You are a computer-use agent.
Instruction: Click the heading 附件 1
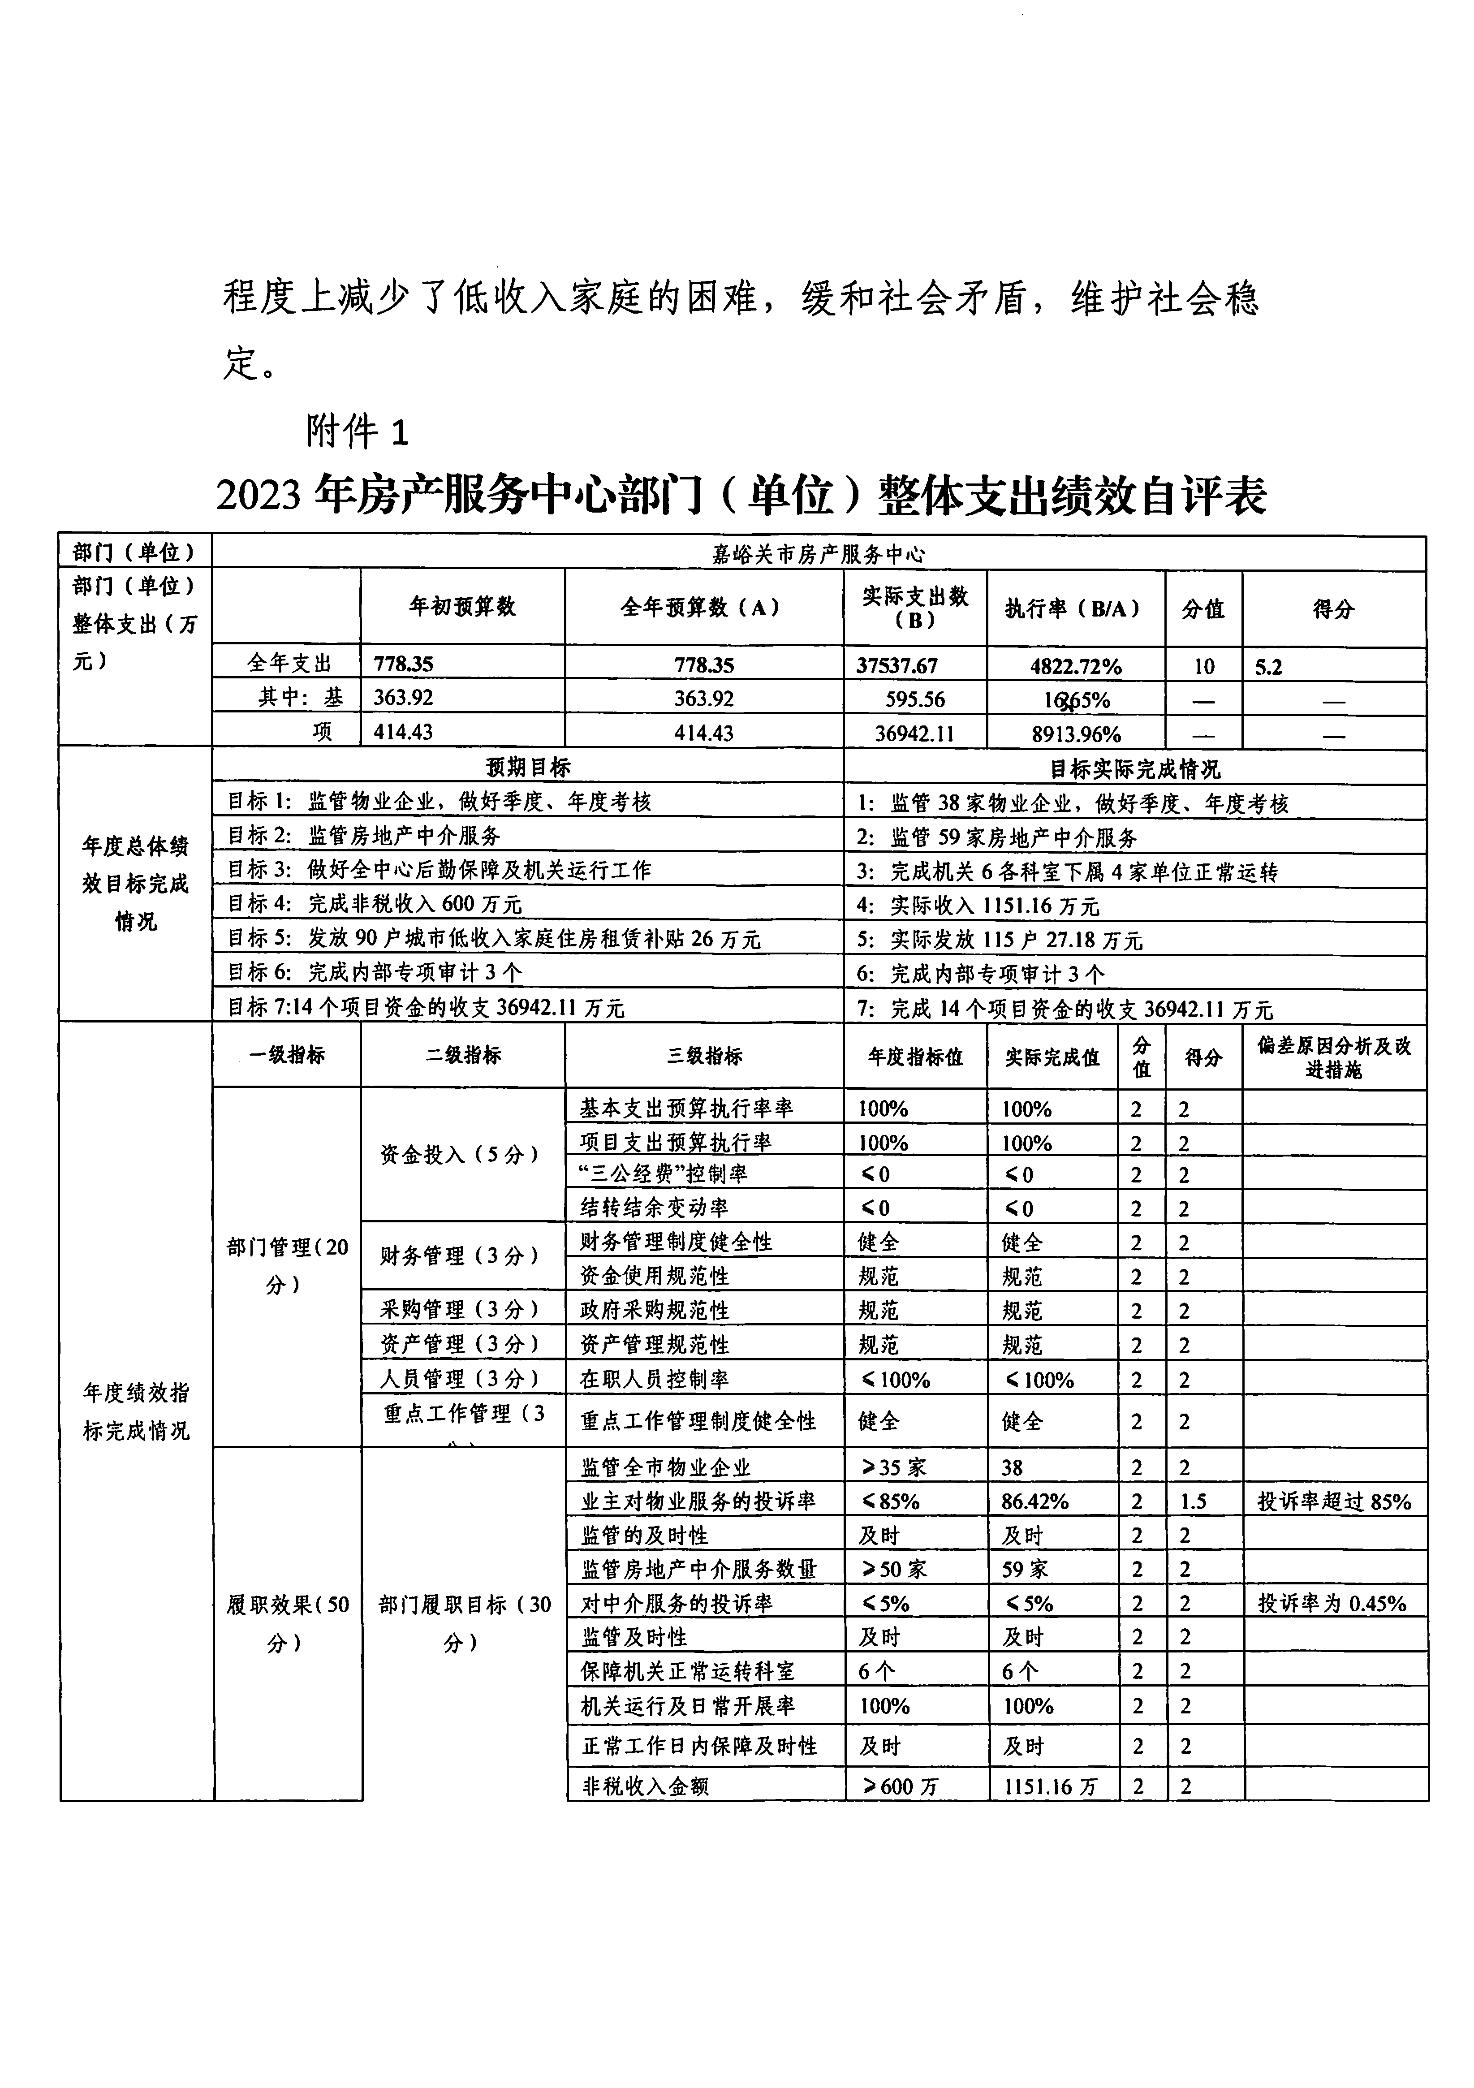(x=358, y=431)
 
